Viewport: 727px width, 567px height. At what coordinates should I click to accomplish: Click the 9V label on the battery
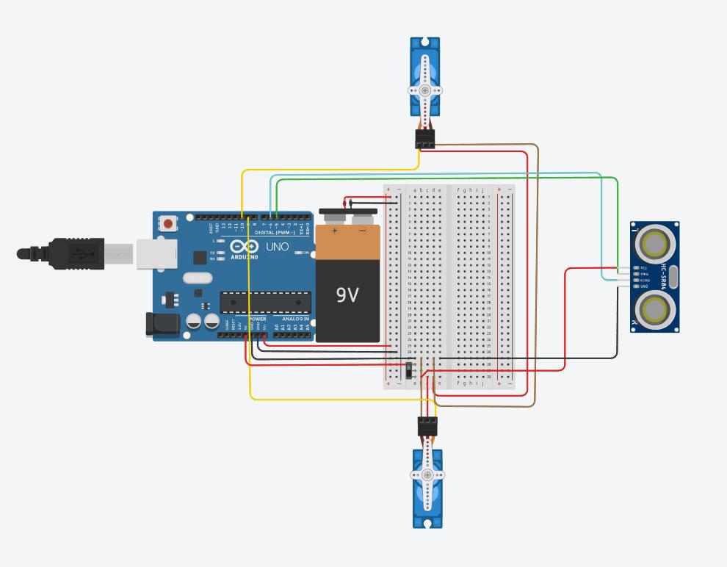click(347, 295)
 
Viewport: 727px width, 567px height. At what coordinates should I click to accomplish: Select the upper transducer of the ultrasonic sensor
click(652, 241)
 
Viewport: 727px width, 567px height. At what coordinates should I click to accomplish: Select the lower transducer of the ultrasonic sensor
click(652, 311)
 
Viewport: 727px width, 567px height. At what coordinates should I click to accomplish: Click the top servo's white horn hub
click(425, 90)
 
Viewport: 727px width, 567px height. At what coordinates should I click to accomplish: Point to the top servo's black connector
click(425, 139)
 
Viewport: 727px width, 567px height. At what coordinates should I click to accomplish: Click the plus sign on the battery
click(335, 230)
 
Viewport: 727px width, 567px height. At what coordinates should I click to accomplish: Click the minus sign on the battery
click(362, 230)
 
